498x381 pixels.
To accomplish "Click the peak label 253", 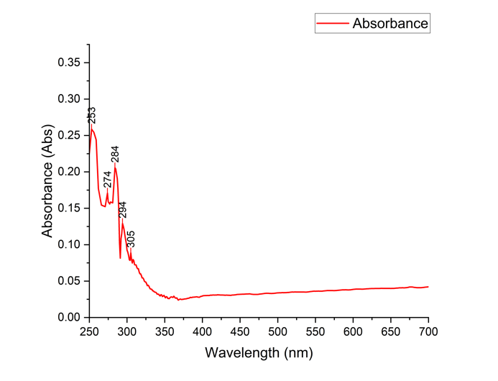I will [x=92, y=115].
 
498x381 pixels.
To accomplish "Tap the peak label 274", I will [x=108, y=179].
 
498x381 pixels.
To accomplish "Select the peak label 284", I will [x=115, y=155].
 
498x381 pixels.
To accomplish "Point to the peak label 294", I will [x=123, y=210].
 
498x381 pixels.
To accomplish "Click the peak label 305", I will [x=131, y=239].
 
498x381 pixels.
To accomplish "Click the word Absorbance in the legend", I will [x=390, y=24].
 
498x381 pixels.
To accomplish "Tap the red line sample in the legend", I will [x=332, y=24].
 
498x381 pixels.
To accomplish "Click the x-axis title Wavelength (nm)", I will [x=259, y=353].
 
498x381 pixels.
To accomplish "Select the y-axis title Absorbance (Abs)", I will [x=47, y=189].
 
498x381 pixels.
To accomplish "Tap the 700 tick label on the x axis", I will [x=428, y=331].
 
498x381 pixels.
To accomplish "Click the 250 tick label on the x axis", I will [x=89, y=331].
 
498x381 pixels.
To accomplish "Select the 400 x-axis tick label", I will [x=202, y=331].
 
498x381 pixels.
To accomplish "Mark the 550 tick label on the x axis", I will [x=315, y=331].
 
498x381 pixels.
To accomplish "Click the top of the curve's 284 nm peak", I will [x=115, y=165].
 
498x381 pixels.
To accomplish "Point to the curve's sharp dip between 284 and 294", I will [x=120, y=257].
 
